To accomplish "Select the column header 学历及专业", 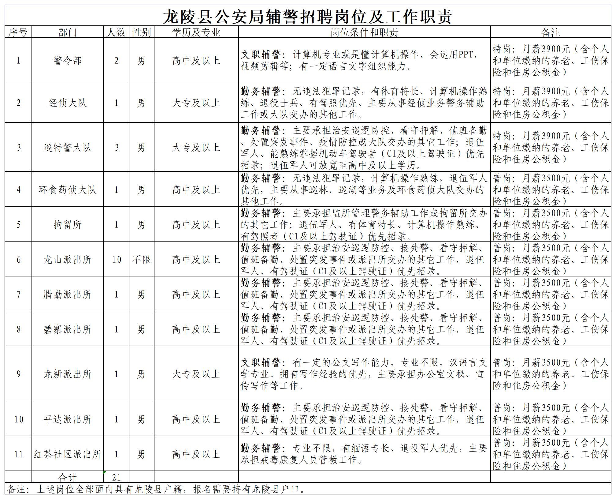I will (x=196, y=32).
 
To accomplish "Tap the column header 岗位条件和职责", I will (x=364, y=32).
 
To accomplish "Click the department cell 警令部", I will (x=68, y=60).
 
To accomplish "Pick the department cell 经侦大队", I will (x=68, y=103).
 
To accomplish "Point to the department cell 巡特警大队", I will (x=68, y=148).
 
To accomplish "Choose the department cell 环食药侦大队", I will (x=68, y=190).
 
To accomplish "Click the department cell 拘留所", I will (x=68, y=225).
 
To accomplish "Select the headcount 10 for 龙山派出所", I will (x=116, y=260).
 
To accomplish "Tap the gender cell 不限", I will (x=142, y=260).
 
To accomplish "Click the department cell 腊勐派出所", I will (x=68, y=295).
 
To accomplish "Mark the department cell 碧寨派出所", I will (x=68, y=329).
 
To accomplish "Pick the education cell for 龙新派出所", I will (x=196, y=374).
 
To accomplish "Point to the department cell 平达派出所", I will (x=68, y=419).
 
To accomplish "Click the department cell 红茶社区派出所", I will (x=68, y=454).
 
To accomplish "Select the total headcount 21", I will (x=116, y=477).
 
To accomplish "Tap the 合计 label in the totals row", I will (x=68, y=477).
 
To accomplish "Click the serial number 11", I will (x=18, y=454).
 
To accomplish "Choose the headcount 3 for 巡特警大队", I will (x=116, y=148).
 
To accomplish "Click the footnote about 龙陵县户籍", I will (x=156, y=489).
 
